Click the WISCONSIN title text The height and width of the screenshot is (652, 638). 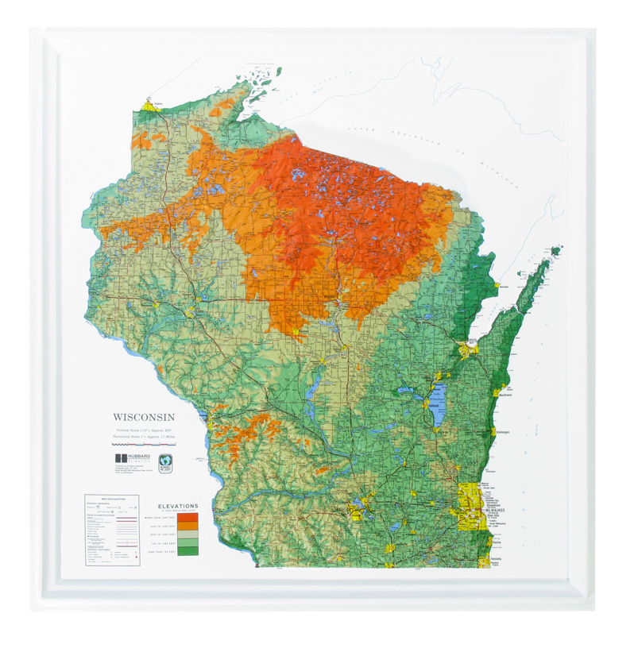tap(143, 416)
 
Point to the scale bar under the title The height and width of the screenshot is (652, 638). tap(143, 445)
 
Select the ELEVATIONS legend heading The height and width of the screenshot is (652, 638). tap(178, 506)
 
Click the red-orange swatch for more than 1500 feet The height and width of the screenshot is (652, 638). tap(188, 516)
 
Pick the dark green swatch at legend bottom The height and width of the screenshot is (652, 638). tap(188, 550)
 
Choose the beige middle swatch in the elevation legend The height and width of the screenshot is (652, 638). tap(188, 533)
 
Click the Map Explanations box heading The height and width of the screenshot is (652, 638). tap(111, 500)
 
